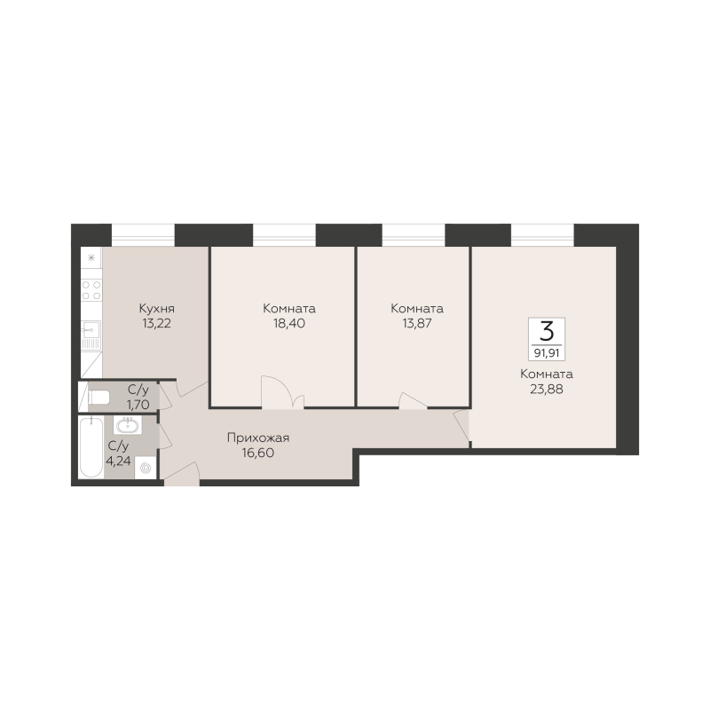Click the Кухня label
pyautogui.click(x=157, y=309)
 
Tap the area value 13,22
pyautogui.click(x=156, y=323)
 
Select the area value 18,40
pyautogui.click(x=289, y=323)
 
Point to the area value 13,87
pyautogui.click(x=416, y=323)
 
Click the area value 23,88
pyautogui.click(x=547, y=389)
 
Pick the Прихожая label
pyautogui.click(x=258, y=438)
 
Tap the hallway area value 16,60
pyautogui.click(x=258, y=453)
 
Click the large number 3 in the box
pyautogui.click(x=547, y=331)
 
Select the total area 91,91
pyautogui.click(x=547, y=352)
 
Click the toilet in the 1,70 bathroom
pyautogui.click(x=99, y=398)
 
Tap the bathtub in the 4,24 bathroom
pyautogui.click(x=91, y=447)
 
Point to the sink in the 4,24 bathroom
pyautogui.click(x=128, y=425)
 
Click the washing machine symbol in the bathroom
pyautogui.click(x=146, y=469)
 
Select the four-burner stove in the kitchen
pyautogui.click(x=91, y=290)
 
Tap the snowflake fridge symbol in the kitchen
pyautogui.click(x=91, y=258)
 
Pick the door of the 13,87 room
pyautogui.click(x=412, y=401)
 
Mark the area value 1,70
pyautogui.click(x=138, y=404)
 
